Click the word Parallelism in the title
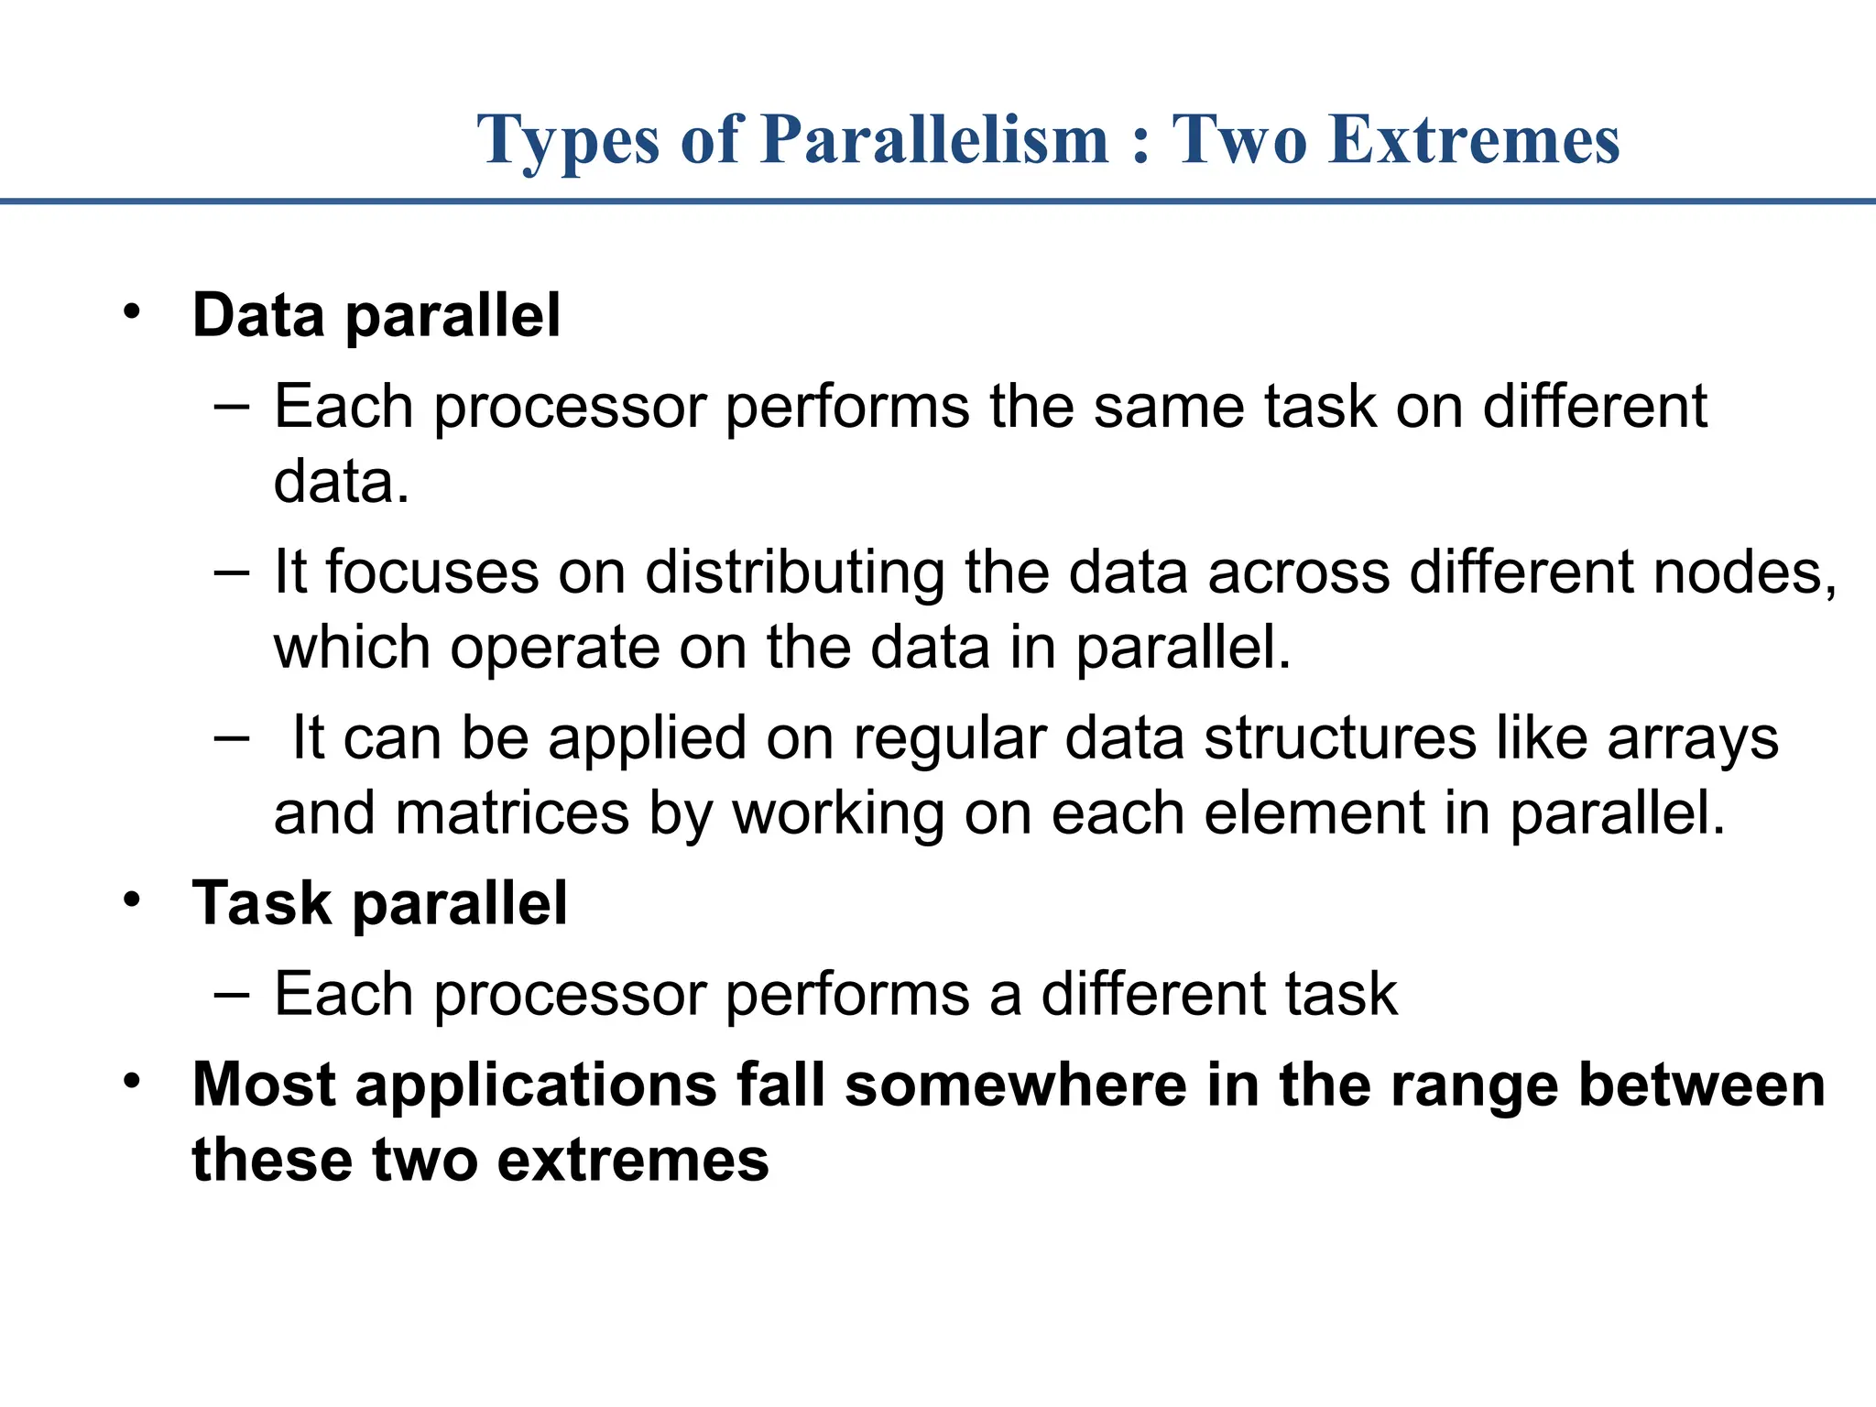934,140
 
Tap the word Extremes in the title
1475,140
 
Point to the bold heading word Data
258,315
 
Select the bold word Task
260,903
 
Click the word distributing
794,574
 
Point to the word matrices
512,813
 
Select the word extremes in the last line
632,1160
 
